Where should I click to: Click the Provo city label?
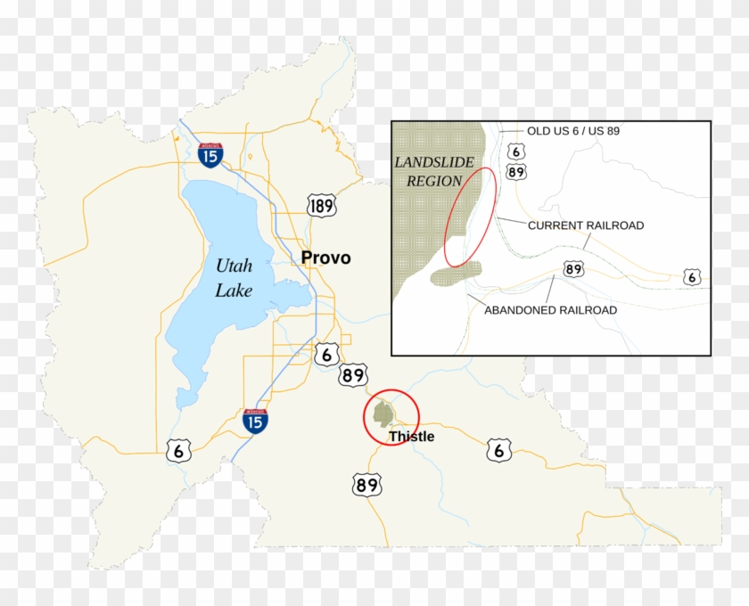(x=325, y=258)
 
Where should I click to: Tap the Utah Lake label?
(x=234, y=277)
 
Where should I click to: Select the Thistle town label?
(x=411, y=437)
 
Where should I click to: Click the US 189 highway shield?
(x=322, y=206)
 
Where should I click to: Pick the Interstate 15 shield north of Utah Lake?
(x=211, y=154)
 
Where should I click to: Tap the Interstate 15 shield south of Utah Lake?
(x=255, y=421)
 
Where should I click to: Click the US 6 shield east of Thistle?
(x=498, y=450)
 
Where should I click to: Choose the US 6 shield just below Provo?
(x=327, y=354)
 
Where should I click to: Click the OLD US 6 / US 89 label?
(x=573, y=131)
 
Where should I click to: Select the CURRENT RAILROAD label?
(x=585, y=225)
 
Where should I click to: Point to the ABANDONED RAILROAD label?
(x=549, y=310)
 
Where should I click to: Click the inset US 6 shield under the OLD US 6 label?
(x=515, y=152)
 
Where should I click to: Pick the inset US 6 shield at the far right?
(x=692, y=277)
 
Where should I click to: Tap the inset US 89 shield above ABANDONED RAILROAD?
(x=573, y=268)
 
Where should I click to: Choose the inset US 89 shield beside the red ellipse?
(x=515, y=171)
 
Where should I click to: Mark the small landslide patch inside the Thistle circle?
(x=384, y=412)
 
